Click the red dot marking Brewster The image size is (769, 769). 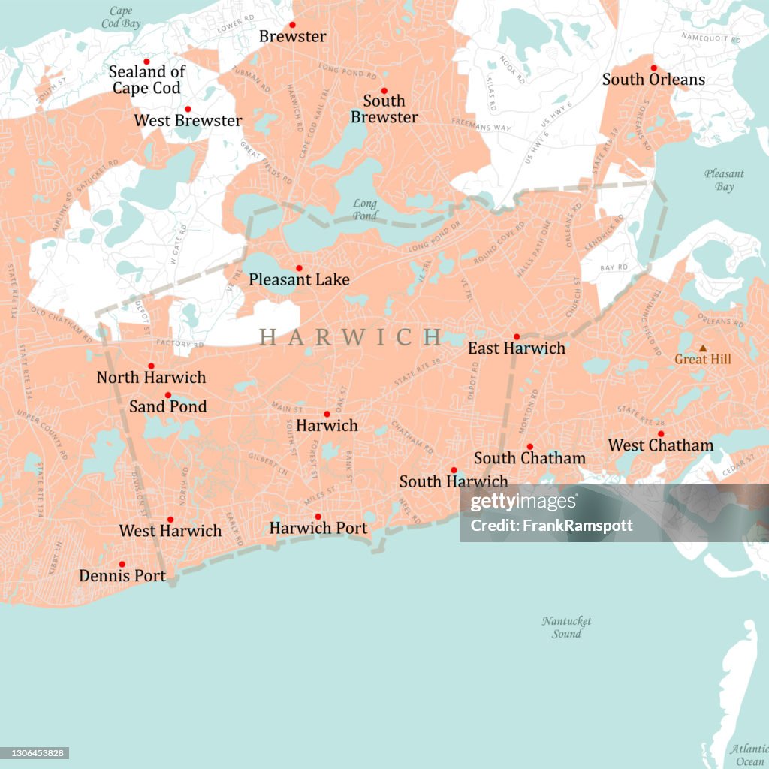tap(292, 25)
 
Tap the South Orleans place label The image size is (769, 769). tap(653, 80)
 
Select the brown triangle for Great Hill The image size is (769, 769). tap(703, 348)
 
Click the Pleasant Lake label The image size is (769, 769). tap(299, 279)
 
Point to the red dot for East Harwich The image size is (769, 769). tap(516, 337)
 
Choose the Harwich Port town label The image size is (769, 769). tap(318, 528)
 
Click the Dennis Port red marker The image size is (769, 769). tap(122, 564)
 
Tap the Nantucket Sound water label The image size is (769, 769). tap(566, 627)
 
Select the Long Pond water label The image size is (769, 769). tap(365, 210)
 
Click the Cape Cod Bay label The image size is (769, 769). tap(120, 17)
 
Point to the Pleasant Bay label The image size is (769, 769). tap(724, 180)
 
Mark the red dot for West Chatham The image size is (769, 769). tap(661, 433)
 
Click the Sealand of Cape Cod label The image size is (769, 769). tap(146, 80)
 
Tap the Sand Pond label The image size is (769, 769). tap(167, 406)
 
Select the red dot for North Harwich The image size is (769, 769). tap(151, 366)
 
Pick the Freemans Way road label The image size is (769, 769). tap(481, 125)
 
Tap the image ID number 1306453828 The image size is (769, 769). tap(35, 753)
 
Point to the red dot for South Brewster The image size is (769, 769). tap(384, 91)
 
